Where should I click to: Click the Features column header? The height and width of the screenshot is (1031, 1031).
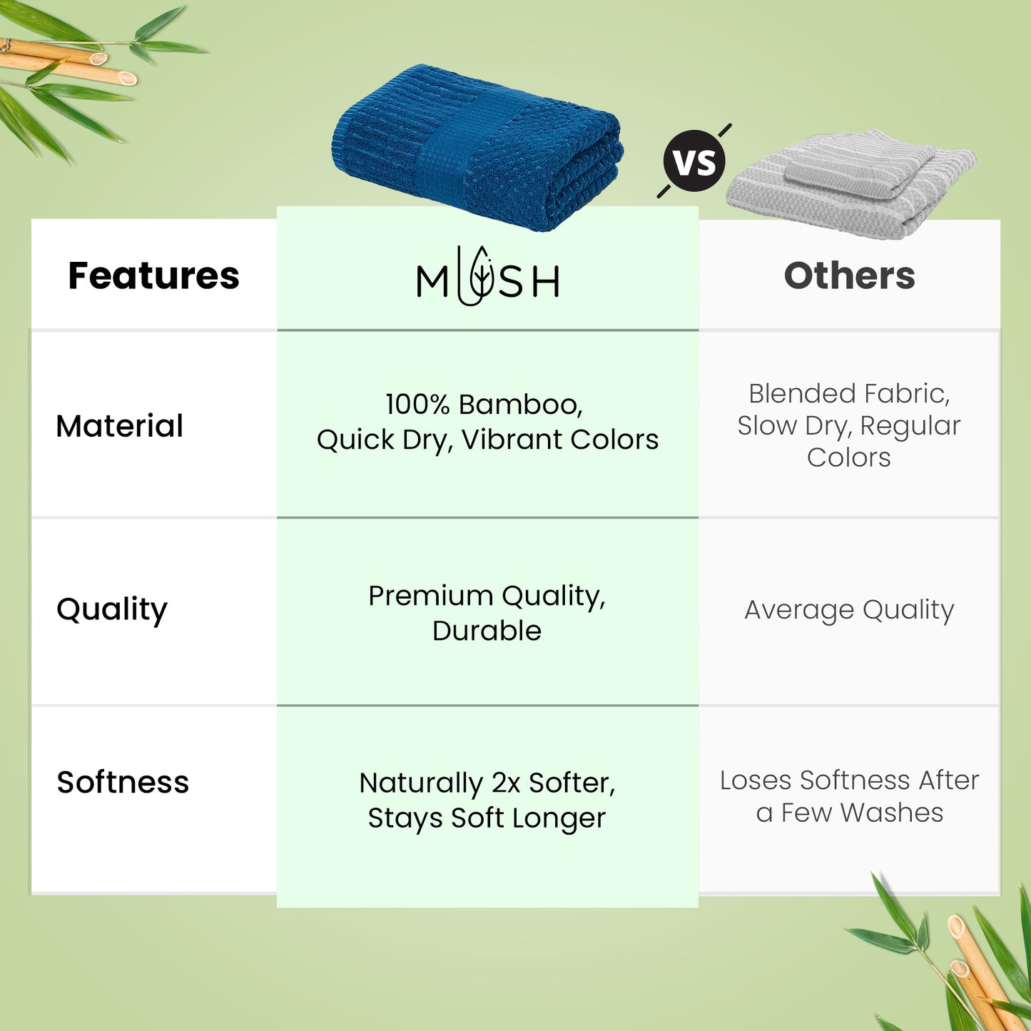(x=153, y=276)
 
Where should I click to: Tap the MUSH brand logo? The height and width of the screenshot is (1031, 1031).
(x=487, y=276)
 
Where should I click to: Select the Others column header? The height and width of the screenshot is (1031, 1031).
(x=849, y=276)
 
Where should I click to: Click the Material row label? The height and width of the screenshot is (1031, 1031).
(x=119, y=426)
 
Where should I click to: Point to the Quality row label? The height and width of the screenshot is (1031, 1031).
(x=112, y=610)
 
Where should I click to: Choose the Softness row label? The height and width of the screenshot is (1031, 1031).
(x=123, y=782)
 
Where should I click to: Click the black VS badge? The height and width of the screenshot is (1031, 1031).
(x=694, y=161)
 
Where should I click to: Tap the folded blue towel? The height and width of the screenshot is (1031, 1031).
(x=477, y=147)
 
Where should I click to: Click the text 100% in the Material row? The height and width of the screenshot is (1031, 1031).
(x=417, y=405)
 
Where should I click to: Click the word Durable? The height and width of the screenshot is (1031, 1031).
(x=487, y=630)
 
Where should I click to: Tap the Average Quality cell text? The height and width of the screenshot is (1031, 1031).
(x=849, y=610)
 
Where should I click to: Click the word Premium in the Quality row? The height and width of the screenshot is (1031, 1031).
(x=431, y=596)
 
